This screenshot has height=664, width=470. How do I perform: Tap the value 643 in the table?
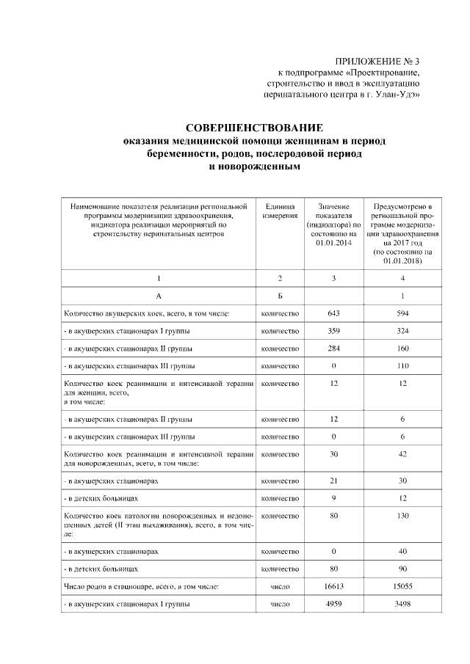point(333,314)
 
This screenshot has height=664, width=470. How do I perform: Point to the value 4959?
point(333,604)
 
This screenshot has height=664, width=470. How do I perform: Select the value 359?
point(333,331)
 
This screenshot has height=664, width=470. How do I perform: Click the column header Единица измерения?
point(279,211)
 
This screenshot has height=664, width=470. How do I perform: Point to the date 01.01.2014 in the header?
point(334,242)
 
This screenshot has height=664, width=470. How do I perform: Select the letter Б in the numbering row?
point(279,296)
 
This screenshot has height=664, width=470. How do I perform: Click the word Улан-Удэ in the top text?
point(400,95)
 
